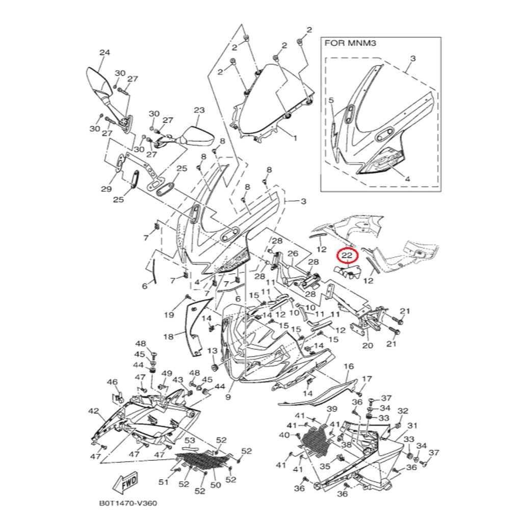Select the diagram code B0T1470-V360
[128, 504]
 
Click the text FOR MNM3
[350, 44]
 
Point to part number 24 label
[105, 53]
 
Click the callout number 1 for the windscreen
[294, 137]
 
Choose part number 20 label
[368, 346]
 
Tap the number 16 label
[349, 367]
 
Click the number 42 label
[93, 410]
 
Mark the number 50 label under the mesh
[216, 485]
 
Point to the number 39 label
[332, 409]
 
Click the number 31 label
[412, 425]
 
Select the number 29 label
[106, 189]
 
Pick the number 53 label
[190, 440]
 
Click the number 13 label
[212, 351]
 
